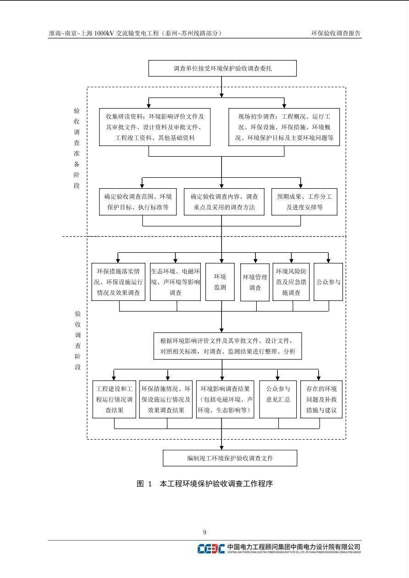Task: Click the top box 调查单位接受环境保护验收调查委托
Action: (222, 69)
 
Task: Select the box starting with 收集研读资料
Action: (155, 127)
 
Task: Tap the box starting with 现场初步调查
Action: (284, 127)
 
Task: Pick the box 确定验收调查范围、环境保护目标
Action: (138, 202)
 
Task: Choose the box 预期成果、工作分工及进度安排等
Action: (304, 202)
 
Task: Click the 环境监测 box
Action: (220, 282)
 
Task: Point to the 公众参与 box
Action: (328, 282)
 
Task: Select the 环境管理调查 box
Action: (255, 282)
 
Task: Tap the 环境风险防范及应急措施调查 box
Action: (291, 282)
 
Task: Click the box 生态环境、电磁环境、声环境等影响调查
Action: (175, 282)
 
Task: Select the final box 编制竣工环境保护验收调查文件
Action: (230, 458)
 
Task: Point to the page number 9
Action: (204, 532)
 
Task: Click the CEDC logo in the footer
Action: (211, 548)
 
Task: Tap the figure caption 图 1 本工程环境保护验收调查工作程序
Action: (204, 484)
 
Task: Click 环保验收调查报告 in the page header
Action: (336, 33)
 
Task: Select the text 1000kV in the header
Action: (104, 33)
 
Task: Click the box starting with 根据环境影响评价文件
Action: (227, 346)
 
